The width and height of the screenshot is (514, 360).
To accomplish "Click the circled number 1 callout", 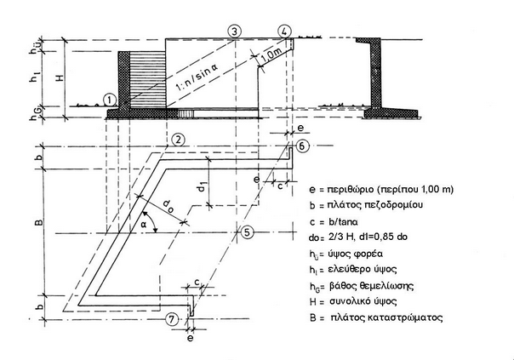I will (x=110, y=99).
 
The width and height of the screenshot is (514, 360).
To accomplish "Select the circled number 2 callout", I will (x=178, y=139).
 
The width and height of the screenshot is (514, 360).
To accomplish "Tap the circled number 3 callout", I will (x=234, y=31).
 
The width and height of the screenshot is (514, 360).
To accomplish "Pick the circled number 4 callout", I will (x=283, y=31).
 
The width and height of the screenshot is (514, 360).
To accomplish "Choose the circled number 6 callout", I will (x=303, y=146).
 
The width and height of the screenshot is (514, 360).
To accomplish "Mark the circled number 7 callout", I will (x=173, y=319).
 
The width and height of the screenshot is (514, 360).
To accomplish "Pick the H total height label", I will (x=56, y=75).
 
